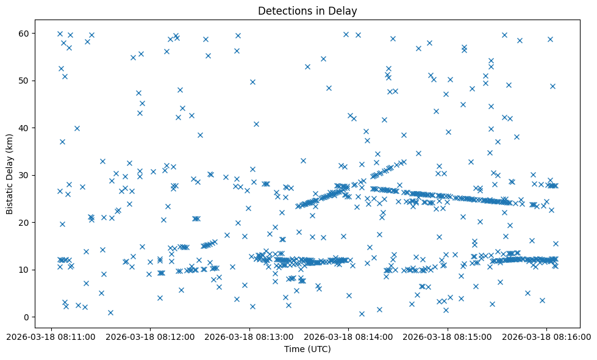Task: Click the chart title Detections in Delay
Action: [307, 11]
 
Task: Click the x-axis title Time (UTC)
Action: [307, 349]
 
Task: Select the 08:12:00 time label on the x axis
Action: [150, 336]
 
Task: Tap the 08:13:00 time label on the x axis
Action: [249, 336]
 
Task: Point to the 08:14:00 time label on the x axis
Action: [348, 336]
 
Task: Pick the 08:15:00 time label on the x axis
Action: [448, 336]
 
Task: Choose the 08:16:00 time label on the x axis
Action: [546, 336]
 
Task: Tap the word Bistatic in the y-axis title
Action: [10, 197]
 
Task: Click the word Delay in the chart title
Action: [345, 11]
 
